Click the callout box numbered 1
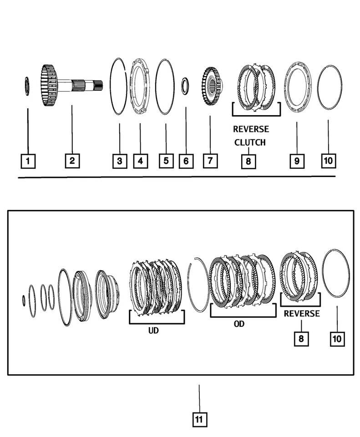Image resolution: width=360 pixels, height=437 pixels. [28, 160]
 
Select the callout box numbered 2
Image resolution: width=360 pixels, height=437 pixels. [72, 160]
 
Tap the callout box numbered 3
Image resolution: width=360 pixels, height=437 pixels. [119, 160]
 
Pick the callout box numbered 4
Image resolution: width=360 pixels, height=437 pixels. [140, 160]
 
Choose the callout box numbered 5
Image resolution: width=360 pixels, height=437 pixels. [166, 160]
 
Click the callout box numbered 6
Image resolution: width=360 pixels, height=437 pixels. [186, 160]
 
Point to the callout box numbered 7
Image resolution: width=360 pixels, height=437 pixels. [210, 160]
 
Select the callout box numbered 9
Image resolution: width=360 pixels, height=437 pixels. [296, 161]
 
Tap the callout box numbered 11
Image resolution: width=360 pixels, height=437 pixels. [198, 420]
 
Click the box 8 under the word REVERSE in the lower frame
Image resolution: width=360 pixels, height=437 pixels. [301, 338]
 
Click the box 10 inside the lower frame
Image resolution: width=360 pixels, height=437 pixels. [337, 338]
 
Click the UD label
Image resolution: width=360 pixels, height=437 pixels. [153, 330]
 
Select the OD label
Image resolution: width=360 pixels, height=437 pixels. [239, 324]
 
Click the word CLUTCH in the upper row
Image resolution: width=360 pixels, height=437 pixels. [249, 142]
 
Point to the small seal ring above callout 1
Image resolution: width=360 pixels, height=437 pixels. [27, 86]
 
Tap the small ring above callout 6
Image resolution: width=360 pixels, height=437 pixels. [185, 86]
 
